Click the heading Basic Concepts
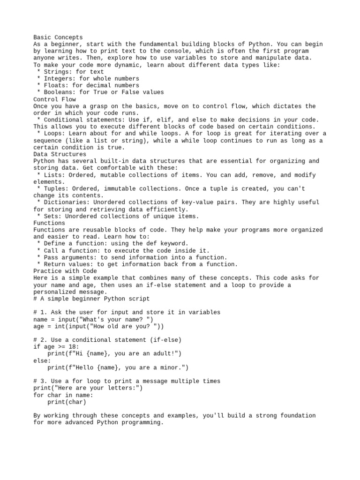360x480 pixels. (x=58, y=37)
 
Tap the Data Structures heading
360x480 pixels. (x=60, y=154)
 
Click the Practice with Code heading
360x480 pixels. (x=65, y=271)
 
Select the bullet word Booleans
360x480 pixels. (x=58, y=92)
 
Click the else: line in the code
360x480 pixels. (x=42, y=361)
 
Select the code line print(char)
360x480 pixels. (x=67, y=402)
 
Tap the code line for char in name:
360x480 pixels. (x=63, y=395)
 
